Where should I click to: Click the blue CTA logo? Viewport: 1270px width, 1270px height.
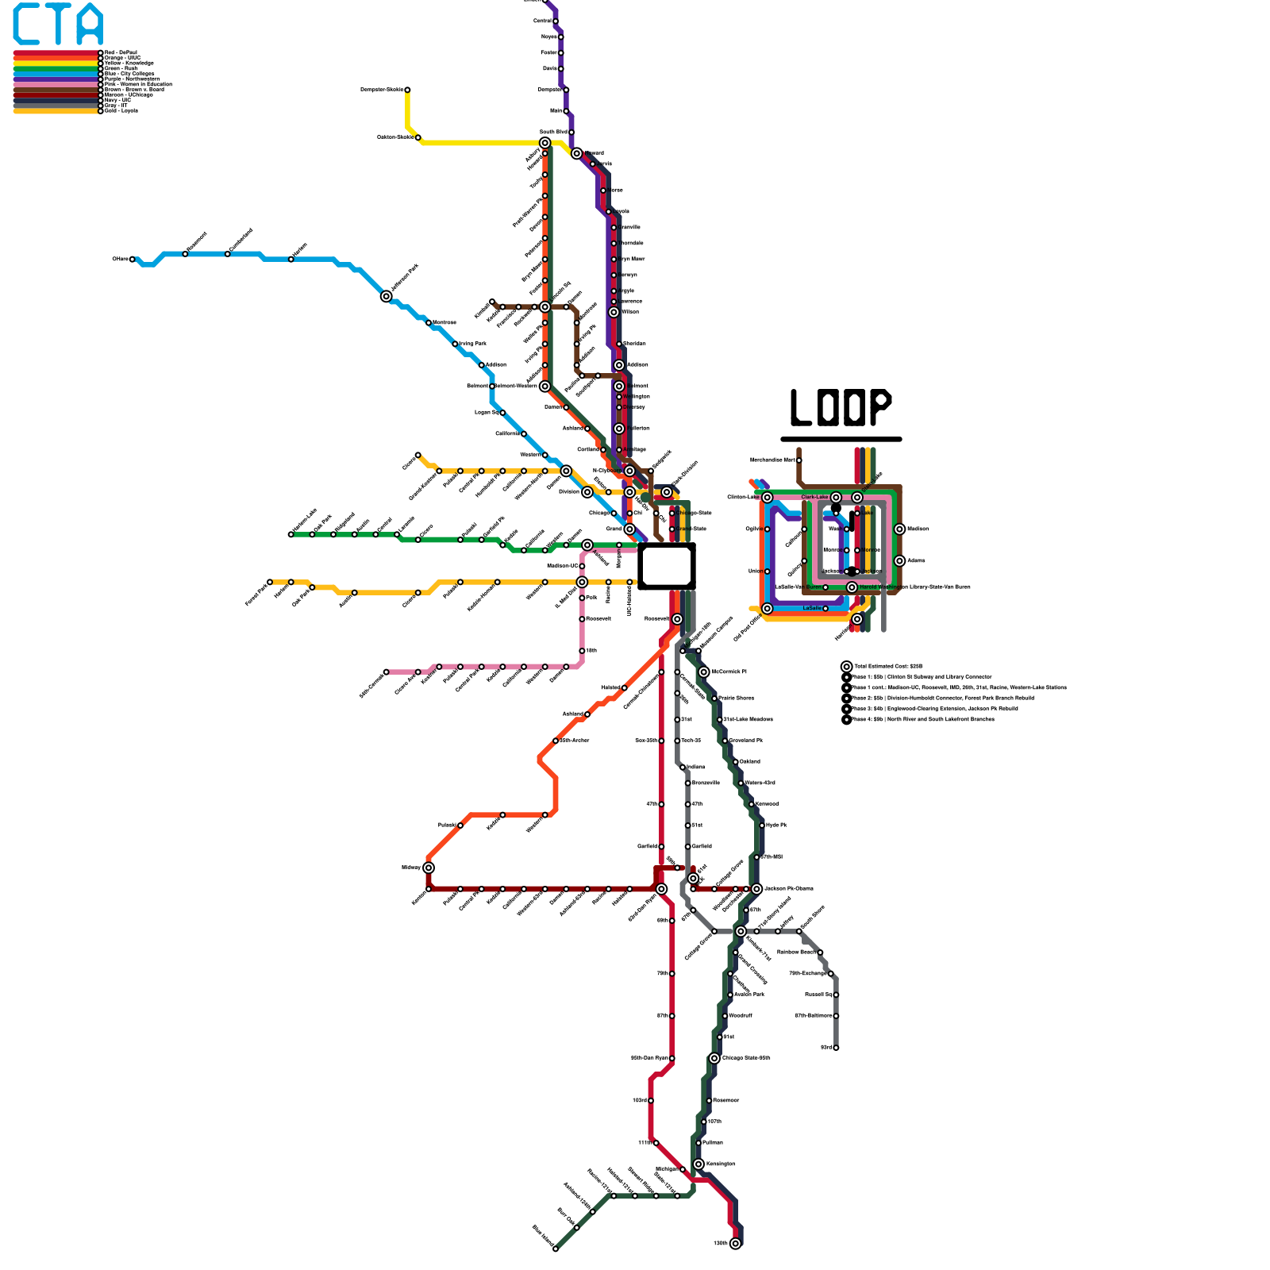[58, 25]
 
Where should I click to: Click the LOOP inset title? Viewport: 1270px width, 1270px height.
[841, 408]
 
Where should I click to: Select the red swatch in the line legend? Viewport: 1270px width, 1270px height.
[56, 52]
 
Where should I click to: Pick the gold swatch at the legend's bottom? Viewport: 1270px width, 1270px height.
[56, 111]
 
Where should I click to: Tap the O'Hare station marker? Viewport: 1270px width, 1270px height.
[133, 260]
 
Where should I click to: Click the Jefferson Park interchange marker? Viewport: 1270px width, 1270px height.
[387, 297]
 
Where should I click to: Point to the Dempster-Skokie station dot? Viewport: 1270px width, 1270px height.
[407, 90]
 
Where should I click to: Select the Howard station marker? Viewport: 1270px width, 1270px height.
[577, 153]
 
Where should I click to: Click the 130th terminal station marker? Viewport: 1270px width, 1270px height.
[735, 1243]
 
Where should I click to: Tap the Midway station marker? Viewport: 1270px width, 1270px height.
[429, 868]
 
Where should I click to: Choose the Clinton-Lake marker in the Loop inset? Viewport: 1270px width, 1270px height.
[767, 498]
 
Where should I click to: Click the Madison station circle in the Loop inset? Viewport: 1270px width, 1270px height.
[899, 529]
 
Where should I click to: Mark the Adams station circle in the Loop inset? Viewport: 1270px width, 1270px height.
[899, 561]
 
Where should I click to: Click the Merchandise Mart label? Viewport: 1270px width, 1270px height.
[772, 460]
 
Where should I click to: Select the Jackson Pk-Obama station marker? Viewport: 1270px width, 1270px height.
[756, 889]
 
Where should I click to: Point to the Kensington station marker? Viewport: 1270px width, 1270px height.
[698, 1164]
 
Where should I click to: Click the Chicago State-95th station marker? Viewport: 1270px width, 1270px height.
[714, 1058]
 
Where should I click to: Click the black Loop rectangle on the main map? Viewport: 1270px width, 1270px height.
[667, 566]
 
